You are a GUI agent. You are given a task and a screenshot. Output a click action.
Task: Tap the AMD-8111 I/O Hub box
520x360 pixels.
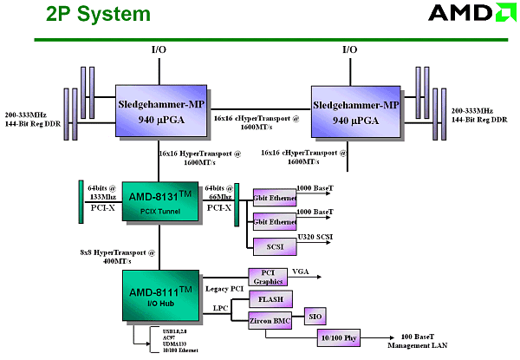161,298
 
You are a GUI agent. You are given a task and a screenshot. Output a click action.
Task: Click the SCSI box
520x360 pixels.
275,245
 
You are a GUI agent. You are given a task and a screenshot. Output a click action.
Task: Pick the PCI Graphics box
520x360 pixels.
273,278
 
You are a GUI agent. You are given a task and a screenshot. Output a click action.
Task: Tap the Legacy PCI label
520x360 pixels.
224,287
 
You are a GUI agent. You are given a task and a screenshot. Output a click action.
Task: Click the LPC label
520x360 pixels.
221,308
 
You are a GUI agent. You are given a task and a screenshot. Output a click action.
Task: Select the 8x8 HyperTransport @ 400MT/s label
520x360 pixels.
119,256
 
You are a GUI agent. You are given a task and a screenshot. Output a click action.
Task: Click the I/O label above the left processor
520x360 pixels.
159,50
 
